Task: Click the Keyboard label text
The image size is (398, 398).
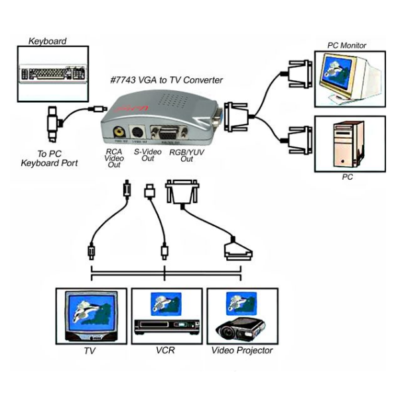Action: [47, 41]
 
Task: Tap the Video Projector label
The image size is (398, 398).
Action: [241, 350]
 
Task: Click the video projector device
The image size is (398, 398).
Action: [244, 328]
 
